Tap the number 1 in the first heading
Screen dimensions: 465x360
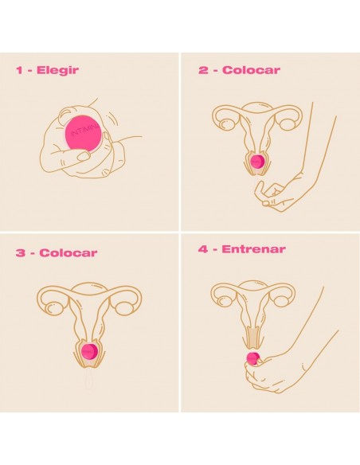(x=19, y=70)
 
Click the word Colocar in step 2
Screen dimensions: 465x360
(x=250, y=70)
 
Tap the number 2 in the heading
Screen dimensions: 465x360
(x=202, y=70)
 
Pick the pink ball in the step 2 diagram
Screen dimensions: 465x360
(x=257, y=162)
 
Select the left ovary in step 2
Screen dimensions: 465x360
(x=227, y=121)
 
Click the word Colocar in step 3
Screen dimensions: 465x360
(x=68, y=253)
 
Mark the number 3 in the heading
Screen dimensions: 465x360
(x=20, y=253)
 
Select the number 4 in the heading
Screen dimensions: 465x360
(x=202, y=249)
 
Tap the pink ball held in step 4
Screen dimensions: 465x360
(x=253, y=358)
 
